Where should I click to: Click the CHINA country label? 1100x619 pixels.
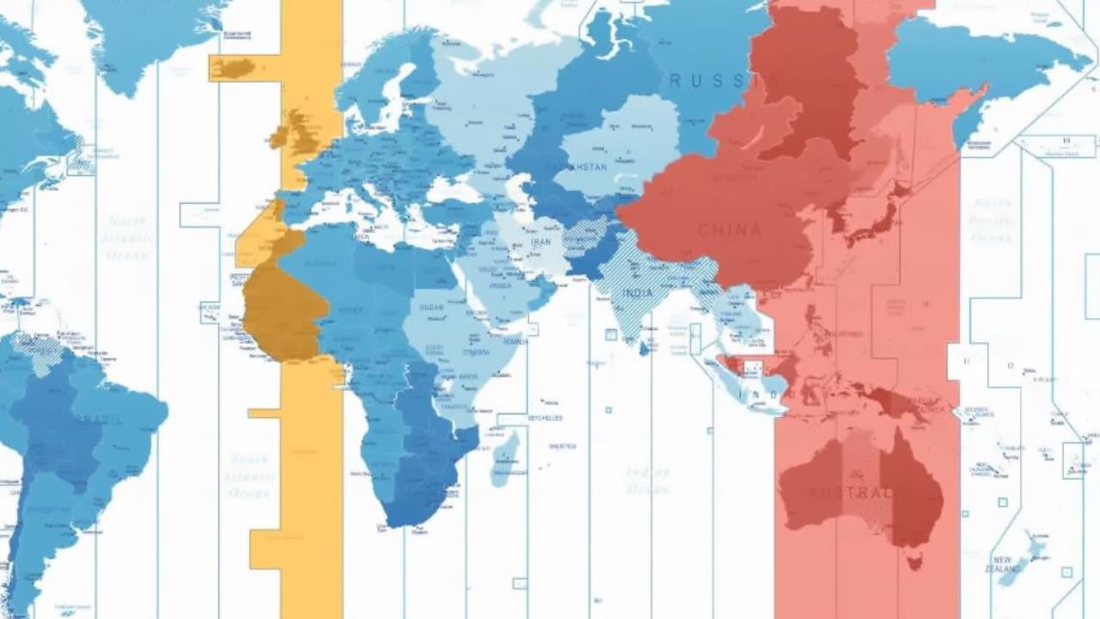(730, 230)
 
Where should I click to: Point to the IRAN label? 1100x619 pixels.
(541, 242)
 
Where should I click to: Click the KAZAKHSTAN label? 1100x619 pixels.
(583, 166)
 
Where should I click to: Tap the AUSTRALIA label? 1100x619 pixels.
(850, 493)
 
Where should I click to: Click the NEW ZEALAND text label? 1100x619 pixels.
(1007, 564)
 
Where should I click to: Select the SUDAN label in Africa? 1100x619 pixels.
(431, 307)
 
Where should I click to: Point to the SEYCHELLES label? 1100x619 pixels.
(545, 418)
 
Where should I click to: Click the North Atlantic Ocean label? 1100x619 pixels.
(126, 237)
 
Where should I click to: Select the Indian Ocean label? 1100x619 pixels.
(648, 481)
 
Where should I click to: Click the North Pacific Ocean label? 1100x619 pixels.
(992, 220)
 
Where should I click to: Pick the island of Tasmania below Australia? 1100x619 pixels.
(915, 563)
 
